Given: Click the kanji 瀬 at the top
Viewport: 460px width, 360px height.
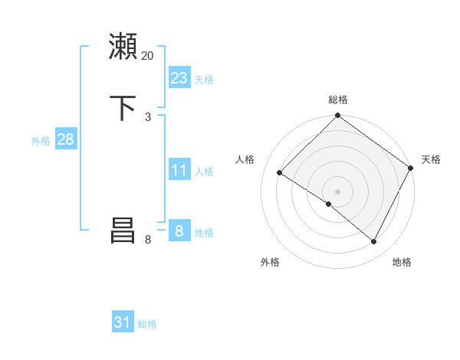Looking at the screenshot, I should (123, 47).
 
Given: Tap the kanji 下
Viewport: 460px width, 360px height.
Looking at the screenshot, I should (123, 106).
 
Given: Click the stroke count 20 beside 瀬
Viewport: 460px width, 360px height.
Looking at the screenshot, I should (148, 56).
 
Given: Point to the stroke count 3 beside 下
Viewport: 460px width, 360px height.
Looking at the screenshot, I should (148, 116).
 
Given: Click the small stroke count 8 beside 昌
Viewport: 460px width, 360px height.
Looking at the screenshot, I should (148, 240).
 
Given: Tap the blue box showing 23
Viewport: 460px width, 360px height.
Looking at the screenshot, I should (179, 78).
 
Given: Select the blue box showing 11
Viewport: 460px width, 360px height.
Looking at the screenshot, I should (179, 170).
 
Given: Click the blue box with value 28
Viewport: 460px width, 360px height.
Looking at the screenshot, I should (65, 139).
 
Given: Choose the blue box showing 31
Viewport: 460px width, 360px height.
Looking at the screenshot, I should (123, 322).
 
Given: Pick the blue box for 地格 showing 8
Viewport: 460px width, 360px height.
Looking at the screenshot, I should (179, 231).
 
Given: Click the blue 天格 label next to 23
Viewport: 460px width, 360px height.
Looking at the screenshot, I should (204, 80).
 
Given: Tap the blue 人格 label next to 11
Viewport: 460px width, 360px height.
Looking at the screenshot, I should (204, 172).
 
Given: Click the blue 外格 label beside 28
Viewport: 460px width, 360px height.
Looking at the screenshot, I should (41, 141).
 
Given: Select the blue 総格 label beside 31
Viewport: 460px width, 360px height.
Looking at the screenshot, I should (147, 324).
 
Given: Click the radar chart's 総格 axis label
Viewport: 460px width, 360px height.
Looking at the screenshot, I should (337, 100).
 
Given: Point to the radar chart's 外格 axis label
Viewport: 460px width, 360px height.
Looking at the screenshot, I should (270, 262).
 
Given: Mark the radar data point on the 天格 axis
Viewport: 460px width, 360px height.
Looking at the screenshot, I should (411, 168).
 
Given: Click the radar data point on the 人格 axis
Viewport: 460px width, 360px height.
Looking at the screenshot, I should (280, 173).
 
